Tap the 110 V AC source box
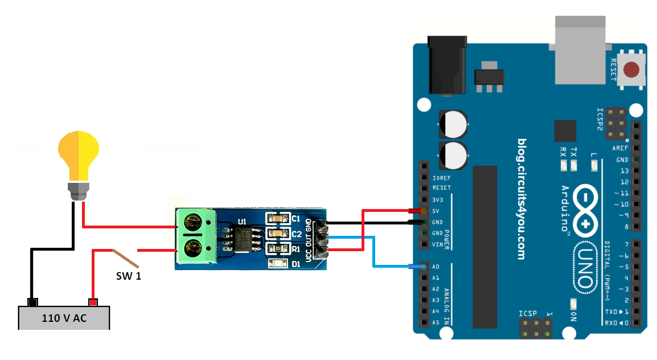pos(64,318)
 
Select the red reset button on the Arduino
pos(631,71)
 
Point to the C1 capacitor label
pos(296,219)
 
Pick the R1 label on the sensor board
pos(296,249)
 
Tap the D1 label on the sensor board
pos(296,264)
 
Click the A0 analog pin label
pos(436,267)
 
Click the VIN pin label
pos(437,244)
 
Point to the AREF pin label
pos(620,148)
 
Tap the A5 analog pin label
pos(436,322)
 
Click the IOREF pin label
pos(441,177)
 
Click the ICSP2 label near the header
pos(599,119)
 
